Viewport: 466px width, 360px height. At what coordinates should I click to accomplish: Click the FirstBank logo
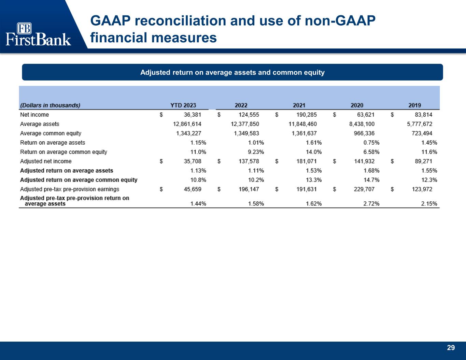click(38, 34)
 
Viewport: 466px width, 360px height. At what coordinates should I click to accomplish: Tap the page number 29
click(451, 348)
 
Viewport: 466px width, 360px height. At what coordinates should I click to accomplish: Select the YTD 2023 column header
click(183, 105)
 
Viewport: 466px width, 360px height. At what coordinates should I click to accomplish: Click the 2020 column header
click(357, 105)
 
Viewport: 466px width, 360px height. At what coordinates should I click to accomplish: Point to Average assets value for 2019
click(420, 124)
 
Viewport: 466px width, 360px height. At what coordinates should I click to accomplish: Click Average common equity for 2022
click(246, 133)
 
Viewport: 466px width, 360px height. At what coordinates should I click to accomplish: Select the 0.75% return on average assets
click(371, 143)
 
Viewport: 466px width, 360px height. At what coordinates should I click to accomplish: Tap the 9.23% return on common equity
click(256, 152)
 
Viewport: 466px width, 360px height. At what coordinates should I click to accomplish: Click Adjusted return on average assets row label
click(67, 171)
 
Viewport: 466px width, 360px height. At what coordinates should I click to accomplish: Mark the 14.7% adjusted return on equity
click(371, 180)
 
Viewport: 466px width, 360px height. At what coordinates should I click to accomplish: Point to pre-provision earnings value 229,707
click(364, 189)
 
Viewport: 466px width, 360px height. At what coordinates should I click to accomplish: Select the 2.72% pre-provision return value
click(371, 204)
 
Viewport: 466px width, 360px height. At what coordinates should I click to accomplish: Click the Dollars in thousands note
click(50, 105)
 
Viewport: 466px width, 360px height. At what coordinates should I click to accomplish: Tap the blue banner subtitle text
click(232, 72)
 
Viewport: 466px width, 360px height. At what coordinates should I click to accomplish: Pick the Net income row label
click(34, 115)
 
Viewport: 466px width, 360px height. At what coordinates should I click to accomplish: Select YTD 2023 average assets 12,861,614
click(187, 124)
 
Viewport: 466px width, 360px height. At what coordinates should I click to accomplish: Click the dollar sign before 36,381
click(161, 115)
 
